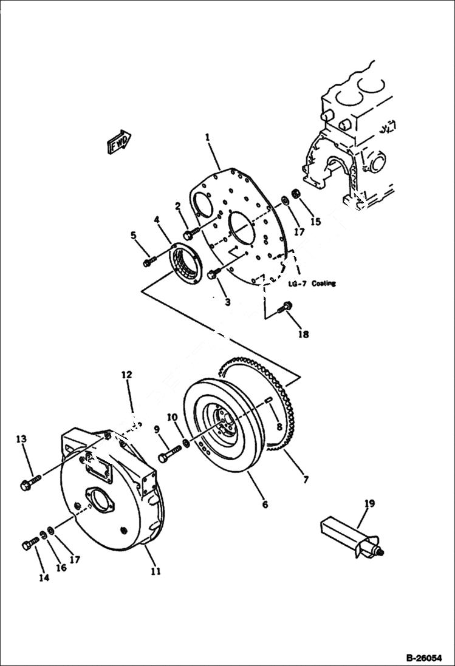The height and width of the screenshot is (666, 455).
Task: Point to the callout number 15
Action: pos(315,222)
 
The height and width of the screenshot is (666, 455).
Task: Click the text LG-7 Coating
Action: pos(311,284)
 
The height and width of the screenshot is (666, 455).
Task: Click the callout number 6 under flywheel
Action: pos(264,504)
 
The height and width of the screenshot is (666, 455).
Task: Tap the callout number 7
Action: pos(306,480)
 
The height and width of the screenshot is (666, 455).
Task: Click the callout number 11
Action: pos(156,571)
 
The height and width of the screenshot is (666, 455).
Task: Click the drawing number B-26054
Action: pos(424,658)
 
